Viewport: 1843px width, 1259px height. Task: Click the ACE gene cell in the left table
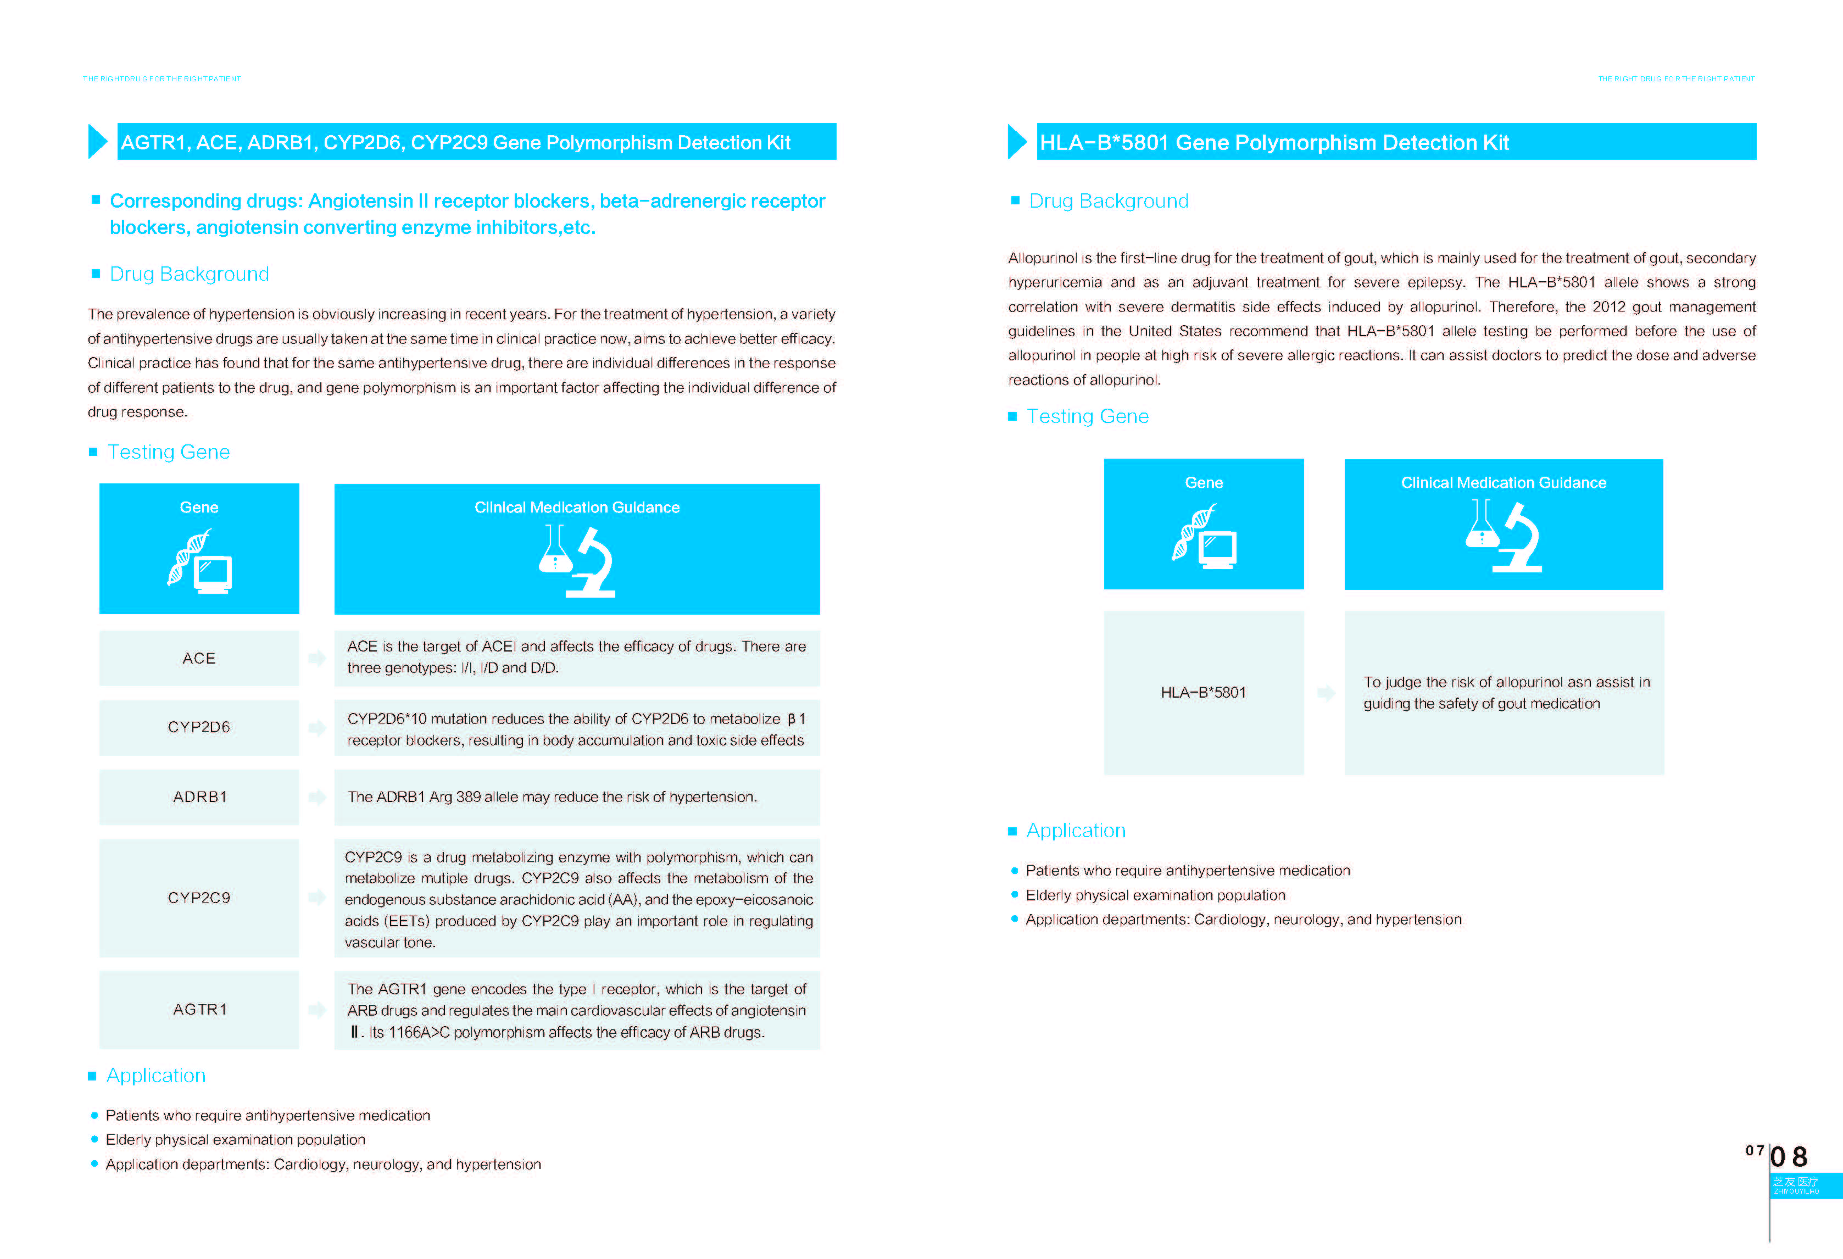198,658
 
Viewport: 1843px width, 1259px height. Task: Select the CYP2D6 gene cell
198,727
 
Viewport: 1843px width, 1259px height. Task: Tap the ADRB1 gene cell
199,797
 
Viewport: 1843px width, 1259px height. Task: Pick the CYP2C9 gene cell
198,898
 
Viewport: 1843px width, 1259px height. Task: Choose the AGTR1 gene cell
199,1009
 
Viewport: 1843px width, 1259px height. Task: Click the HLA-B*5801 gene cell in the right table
1203,692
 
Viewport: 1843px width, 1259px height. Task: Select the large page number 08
1789,1157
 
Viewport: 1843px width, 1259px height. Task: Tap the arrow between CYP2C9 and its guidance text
316,898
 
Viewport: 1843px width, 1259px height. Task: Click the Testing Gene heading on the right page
1087,416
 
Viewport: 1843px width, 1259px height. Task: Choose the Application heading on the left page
156,1075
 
